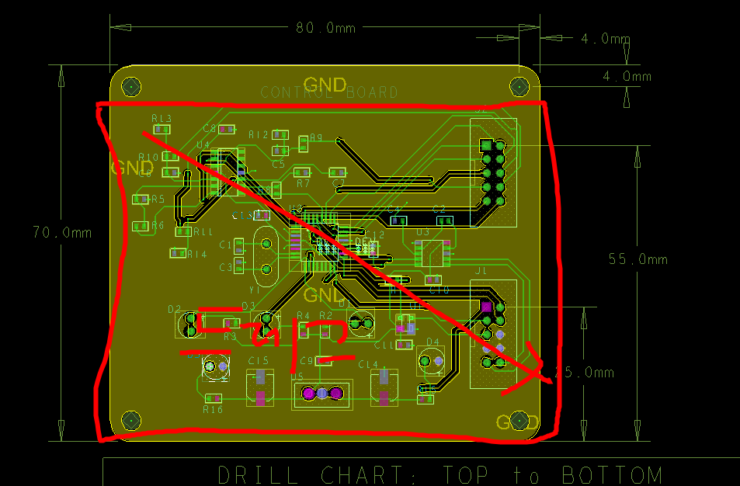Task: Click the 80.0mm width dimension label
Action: pos(325,28)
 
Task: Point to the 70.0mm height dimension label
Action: pos(62,232)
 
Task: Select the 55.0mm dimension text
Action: pos(638,259)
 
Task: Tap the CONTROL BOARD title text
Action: pos(329,92)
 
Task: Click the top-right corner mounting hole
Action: pos(519,85)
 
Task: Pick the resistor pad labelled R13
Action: pos(162,130)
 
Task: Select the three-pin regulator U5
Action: pos(321,394)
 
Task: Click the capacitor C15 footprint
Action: pos(260,388)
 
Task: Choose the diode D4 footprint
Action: pos(432,361)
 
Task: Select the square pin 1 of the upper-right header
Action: pos(487,146)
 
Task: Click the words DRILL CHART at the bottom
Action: pos(318,474)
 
